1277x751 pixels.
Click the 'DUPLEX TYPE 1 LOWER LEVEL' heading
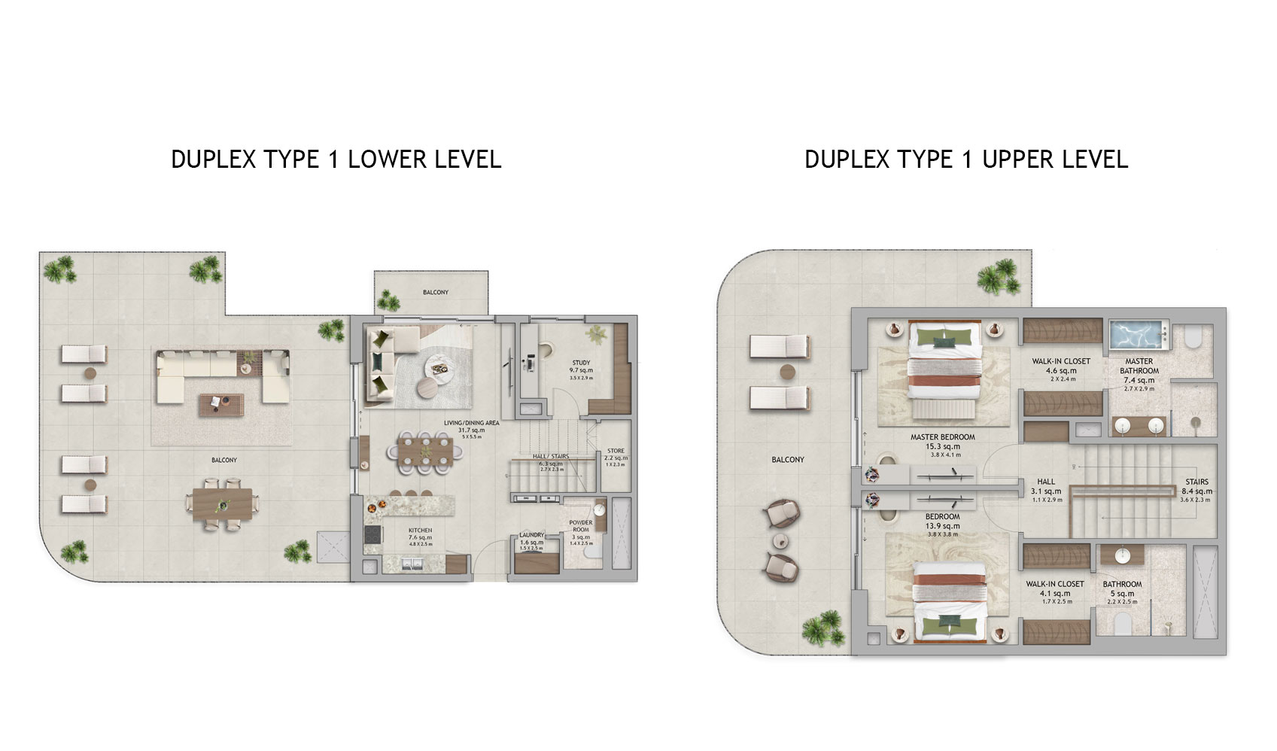tap(336, 160)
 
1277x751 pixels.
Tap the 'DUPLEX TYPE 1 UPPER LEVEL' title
tap(966, 160)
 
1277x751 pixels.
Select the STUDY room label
tap(581, 363)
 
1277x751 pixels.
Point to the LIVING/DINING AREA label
tap(471, 424)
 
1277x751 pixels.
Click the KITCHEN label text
tap(420, 531)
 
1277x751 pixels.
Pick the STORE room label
tap(616, 452)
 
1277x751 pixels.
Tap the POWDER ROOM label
tap(581, 526)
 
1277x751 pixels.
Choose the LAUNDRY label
tap(531, 536)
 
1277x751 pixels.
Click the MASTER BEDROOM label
tap(942, 437)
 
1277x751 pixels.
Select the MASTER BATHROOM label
tap(1139, 366)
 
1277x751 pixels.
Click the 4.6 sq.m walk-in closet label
tap(1061, 362)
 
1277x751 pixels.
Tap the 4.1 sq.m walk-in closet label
tap(1055, 584)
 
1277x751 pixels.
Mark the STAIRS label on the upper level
tap(1196, 482)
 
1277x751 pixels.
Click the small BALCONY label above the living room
tap(435, 292)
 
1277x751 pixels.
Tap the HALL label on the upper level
tap(1046, 482)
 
